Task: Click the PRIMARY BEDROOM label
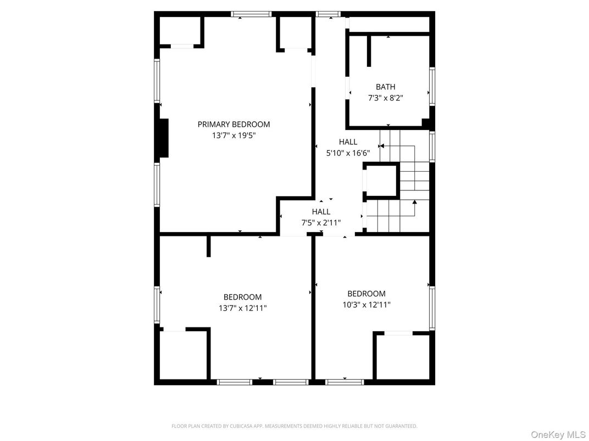coord(234,125)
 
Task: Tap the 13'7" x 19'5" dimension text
coord(234,135)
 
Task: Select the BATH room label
coord(385,87)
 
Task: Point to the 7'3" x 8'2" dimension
coord(385,98)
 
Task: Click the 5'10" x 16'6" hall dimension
coord(348,154)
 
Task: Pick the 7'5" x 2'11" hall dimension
coord(321,223)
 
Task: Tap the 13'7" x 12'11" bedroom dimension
coord(242,308)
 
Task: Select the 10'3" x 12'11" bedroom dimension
coord(366,304)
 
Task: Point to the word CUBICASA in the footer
coord(249,426)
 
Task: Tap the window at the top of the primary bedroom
coord(251,14)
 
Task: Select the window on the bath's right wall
coord(432,86)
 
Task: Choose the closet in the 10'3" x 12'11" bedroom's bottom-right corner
coord(402,357)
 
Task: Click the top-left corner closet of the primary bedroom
coord(180,30)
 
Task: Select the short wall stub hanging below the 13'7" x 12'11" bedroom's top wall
coord(209,246)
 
